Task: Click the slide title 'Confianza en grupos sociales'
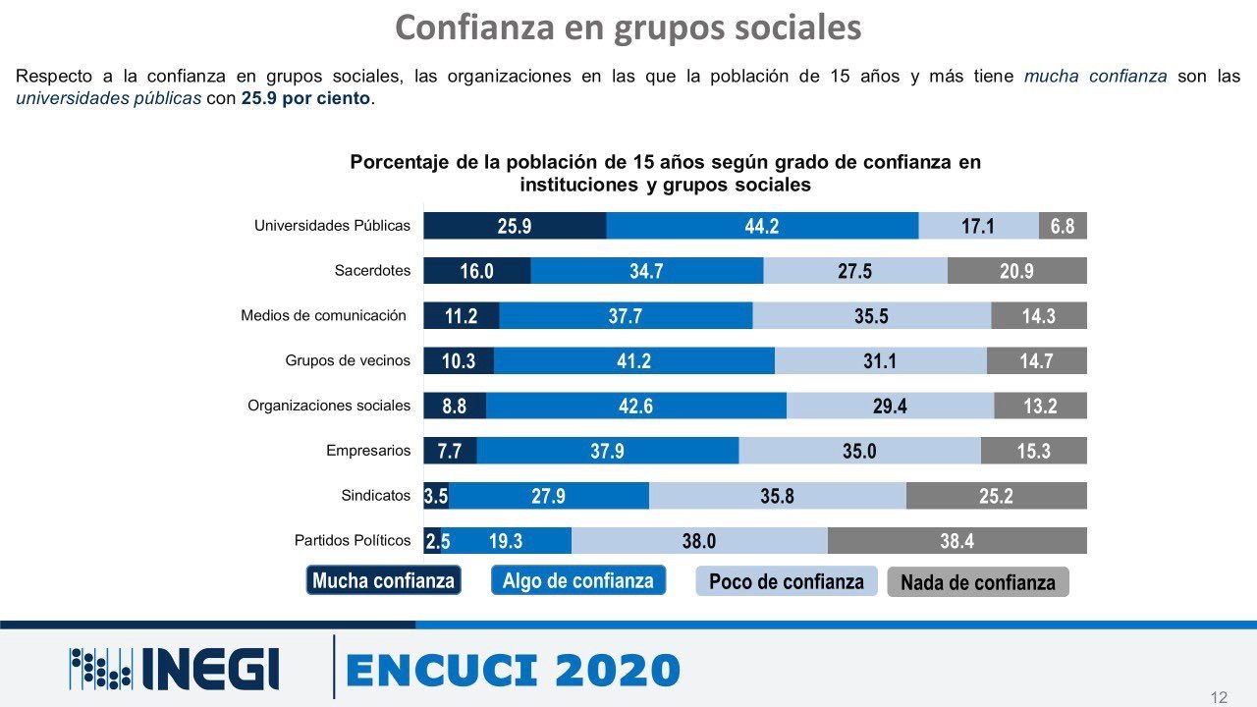(x=628, y=27)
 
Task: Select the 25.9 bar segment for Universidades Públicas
(x=515, y=226)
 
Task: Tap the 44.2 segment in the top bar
(x=762, y=226)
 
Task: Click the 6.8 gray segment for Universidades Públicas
(x=1063, y=226)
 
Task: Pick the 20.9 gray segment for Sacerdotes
(x=1016, y=271)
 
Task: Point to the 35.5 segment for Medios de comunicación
(x=871, y=316)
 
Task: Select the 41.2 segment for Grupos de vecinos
(x=633, y=361)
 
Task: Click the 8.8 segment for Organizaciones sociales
(x=455, y=406)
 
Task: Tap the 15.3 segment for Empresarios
(x=1033, y=451)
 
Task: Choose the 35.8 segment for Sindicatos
(x=777, y=496)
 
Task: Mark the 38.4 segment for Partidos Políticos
(x=956, y=541)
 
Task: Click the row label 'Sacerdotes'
(x=372, y=271)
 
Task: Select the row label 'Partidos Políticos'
(x=353, y=540)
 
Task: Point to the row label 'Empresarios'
(x=368, y=451)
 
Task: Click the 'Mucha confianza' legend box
(x=383, y=580)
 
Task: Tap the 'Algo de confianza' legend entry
(x=578, y=580)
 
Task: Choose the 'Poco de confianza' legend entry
(x=786, y=581)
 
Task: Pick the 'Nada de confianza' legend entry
(x=977, y=582)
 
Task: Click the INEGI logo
(x=174, y=669)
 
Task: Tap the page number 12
(x=1219, y=697)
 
